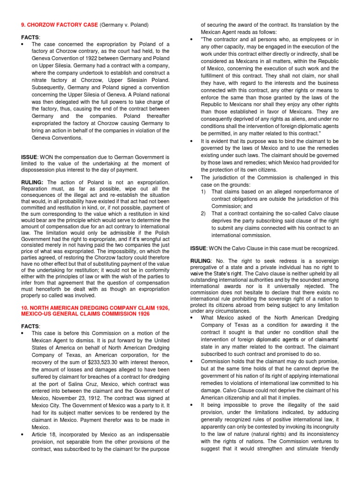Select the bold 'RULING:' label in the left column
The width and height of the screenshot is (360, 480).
coord(33,182)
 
